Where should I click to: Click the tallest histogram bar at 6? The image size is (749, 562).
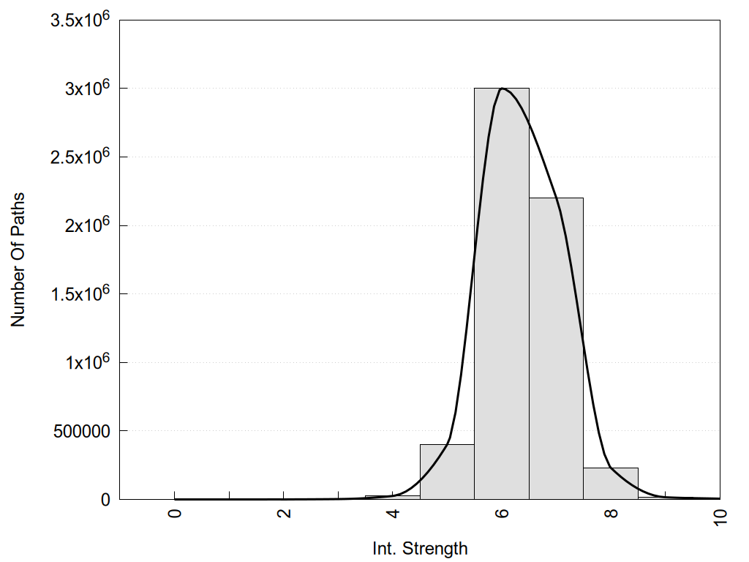click(502, 293)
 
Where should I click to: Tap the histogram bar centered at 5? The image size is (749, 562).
click(447, 472)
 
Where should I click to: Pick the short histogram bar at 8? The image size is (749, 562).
click(611, 484)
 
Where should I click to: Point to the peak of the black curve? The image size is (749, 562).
click(503, 89)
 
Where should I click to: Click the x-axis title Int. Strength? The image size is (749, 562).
click(420, 547)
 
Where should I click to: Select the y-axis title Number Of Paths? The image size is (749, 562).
click(18, 260)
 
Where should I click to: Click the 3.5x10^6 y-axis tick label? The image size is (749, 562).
click(80, 20)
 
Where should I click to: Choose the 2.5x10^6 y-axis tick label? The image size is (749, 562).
click(80, 157)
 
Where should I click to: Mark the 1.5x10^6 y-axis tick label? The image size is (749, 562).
click(80, 293)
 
